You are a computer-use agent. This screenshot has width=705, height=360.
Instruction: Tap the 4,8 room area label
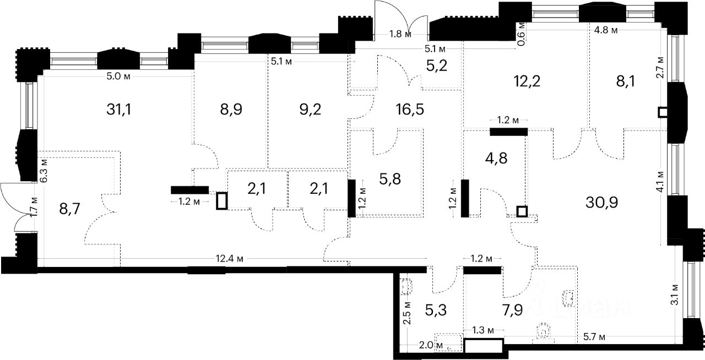(496, 158)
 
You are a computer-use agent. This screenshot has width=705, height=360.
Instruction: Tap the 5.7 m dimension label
(594, 336)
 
